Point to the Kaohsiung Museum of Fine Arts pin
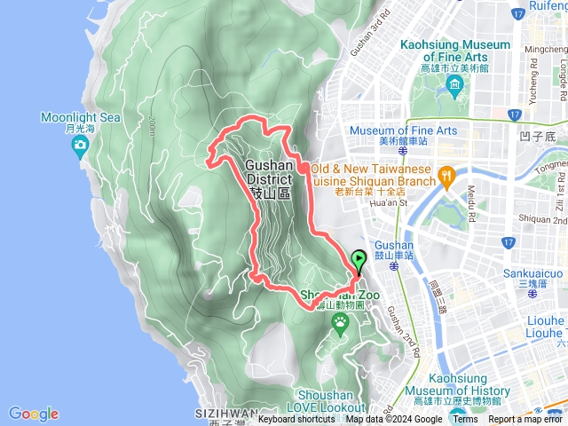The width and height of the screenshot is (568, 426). (x=455, y=86)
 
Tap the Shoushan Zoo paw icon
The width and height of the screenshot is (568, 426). (x=340, y=325)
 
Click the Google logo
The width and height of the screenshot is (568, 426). (x=33, y=414)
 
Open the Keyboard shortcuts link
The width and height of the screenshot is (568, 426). (x=297, y=420)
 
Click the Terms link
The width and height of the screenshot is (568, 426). (x=464, y=420)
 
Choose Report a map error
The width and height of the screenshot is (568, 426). (x=525, y=420)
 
